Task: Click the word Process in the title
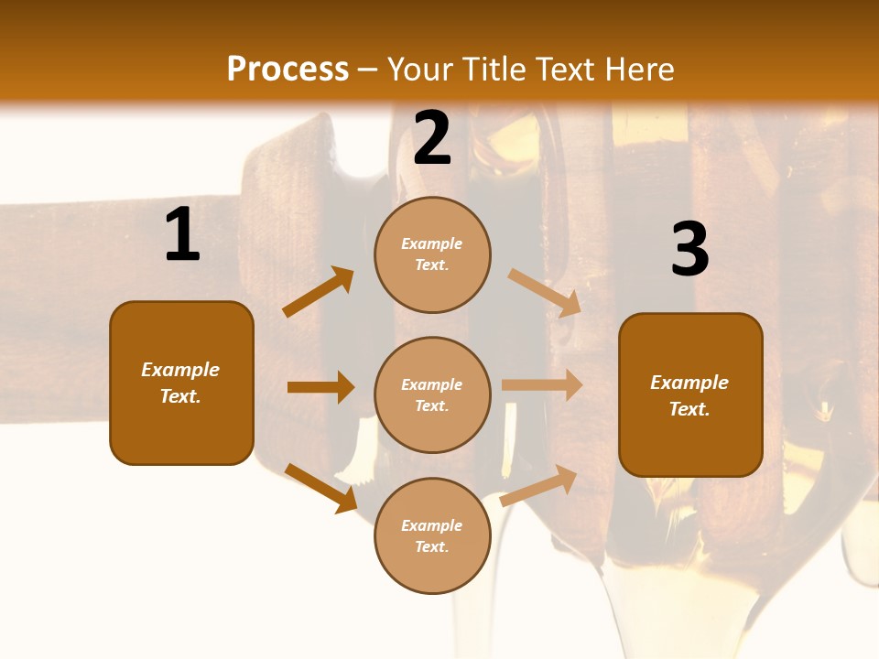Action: tap(288, 70)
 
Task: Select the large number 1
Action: tap(182, 235)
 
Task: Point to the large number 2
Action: tap(432, 139)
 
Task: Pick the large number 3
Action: tap(689, 250)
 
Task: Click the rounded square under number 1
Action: tap(181, 383)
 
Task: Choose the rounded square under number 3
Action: tap(690, 394)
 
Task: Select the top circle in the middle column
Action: tap(432, 254)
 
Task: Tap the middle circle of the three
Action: tap(432, 394)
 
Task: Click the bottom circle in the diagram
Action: tap(432, 535)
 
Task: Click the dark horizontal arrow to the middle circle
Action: tap(320, 387)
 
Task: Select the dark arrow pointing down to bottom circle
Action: tap(320, 487)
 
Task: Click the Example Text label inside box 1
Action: tap(180, 383)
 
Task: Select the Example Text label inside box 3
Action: tap(689, 395)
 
